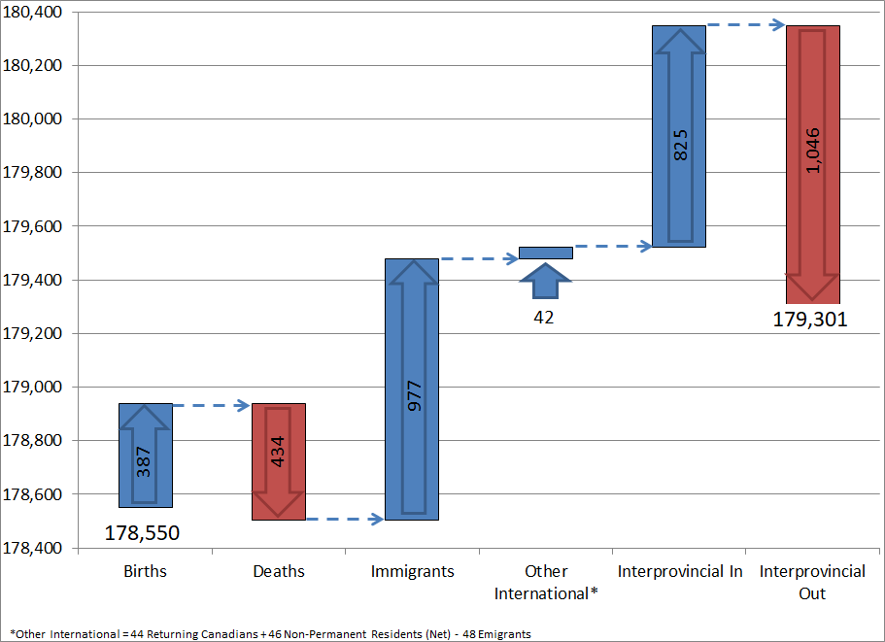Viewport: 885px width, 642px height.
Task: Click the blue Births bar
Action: (x=146, y=455)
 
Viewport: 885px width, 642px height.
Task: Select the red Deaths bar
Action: (x=279, y=461)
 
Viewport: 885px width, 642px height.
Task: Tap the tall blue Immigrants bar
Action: (x=412, y=389)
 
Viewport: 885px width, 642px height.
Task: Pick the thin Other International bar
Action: (x=545, y=253)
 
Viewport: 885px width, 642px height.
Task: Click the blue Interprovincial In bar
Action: (x=679, y=136)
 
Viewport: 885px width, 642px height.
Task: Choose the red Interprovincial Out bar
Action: (x=812, y=164)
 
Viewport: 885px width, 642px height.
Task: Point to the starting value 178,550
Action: (x=142, y=533)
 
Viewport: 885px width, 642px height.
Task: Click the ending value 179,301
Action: (x=810, y=320)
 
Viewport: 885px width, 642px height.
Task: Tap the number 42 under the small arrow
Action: (x=544, y=317)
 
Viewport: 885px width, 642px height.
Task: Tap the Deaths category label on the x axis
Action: (x=279, y=571)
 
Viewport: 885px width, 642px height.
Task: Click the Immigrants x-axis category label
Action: (x=412, y=571)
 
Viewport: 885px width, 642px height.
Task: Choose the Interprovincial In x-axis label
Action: (x=679, y=571)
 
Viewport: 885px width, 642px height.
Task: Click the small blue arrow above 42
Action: (x=545, y=283)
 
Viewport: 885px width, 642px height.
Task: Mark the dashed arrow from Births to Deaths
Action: (x=212, y=404)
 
